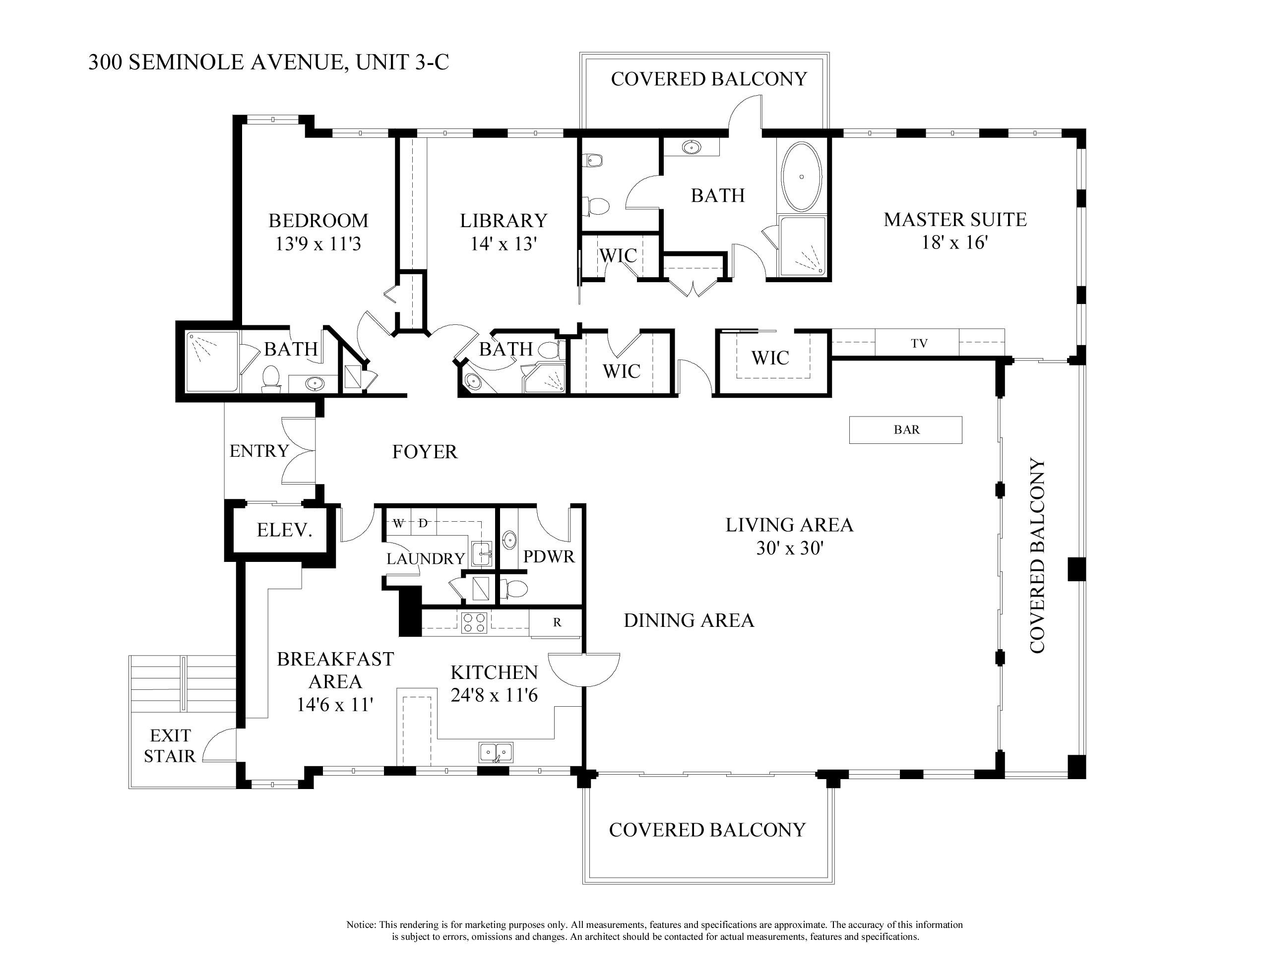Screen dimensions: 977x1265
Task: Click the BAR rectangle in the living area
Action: click(905, 429)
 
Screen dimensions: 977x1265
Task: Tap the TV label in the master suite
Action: click(919, 343)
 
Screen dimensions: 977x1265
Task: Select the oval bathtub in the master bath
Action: click(802, 176)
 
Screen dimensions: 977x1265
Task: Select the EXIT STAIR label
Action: click(170, 746)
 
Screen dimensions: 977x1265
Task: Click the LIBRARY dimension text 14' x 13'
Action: click(503, 244)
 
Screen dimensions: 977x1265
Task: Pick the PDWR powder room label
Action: click(549, 556)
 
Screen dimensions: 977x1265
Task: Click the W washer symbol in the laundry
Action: click(398, 524)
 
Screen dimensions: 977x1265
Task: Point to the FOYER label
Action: click(425, 452)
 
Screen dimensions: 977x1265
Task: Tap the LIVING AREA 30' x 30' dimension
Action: click(789, 548)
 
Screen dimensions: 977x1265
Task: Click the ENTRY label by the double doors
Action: click(259, 451)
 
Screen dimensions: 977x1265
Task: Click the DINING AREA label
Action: click(689, 620)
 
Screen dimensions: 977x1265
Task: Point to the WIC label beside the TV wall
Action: click(770, 358)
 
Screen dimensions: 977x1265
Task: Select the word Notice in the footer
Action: click(361, 925)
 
